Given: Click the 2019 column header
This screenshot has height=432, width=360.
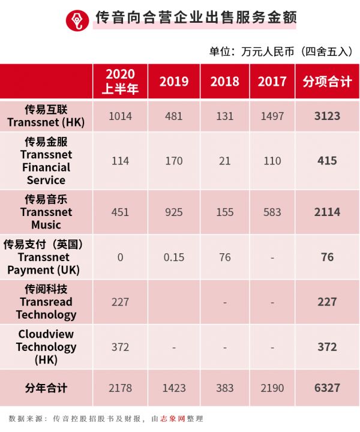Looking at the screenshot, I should coord(173,82).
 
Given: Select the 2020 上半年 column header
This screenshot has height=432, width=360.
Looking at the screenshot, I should coord(120,82).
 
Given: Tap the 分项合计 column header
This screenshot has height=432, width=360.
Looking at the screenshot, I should coord(327,82).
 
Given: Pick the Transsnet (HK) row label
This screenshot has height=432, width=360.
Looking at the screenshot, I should coord(46,116).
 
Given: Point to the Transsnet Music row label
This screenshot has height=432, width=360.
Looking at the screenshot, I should coord(46,212).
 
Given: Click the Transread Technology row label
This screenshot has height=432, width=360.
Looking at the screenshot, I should coord(46,302).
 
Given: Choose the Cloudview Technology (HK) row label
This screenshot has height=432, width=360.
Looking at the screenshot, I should coord(46,347).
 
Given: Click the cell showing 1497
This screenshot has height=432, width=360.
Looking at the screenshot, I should coord(272,116).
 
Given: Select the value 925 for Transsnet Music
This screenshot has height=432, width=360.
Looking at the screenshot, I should coord(173,212).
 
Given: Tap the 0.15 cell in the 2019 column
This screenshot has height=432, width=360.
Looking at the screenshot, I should coord(173,257).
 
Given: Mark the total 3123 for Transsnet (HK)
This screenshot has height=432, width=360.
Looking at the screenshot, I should coord(327,116).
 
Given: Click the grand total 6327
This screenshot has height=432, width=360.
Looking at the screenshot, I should coord(327,388).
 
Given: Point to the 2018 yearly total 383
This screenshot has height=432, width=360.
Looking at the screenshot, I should coord(224,388).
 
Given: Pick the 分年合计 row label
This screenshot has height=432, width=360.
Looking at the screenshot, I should coord(46,388).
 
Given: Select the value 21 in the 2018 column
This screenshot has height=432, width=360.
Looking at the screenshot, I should coord(224,161).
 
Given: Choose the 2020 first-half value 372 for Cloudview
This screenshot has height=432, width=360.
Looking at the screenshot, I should coord(120,347).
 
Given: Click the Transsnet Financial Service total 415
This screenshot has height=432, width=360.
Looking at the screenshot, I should coord(327,161).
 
